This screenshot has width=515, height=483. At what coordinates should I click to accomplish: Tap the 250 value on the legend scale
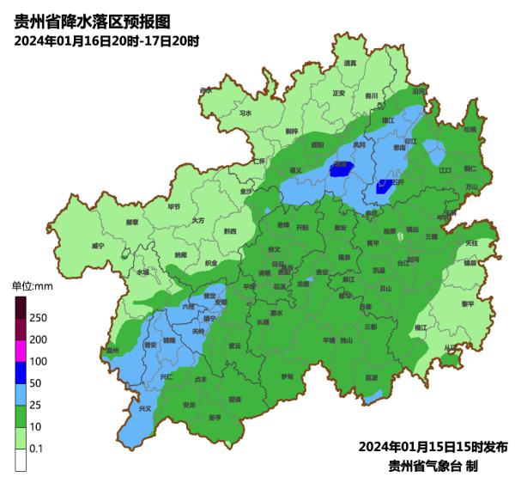38,318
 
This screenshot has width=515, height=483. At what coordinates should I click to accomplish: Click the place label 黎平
467,303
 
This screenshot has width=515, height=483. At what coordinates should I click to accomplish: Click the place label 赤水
205,90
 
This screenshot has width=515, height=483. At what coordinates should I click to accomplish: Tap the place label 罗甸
287,376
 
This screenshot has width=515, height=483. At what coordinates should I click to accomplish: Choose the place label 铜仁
469,169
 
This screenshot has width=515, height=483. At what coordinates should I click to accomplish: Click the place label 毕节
174,206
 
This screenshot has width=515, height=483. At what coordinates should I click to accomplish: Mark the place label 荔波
371,377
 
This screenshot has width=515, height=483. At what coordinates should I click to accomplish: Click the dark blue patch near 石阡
385,186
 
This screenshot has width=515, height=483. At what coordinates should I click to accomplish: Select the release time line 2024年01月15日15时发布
433,447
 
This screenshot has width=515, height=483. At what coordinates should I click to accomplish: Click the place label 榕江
420,327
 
